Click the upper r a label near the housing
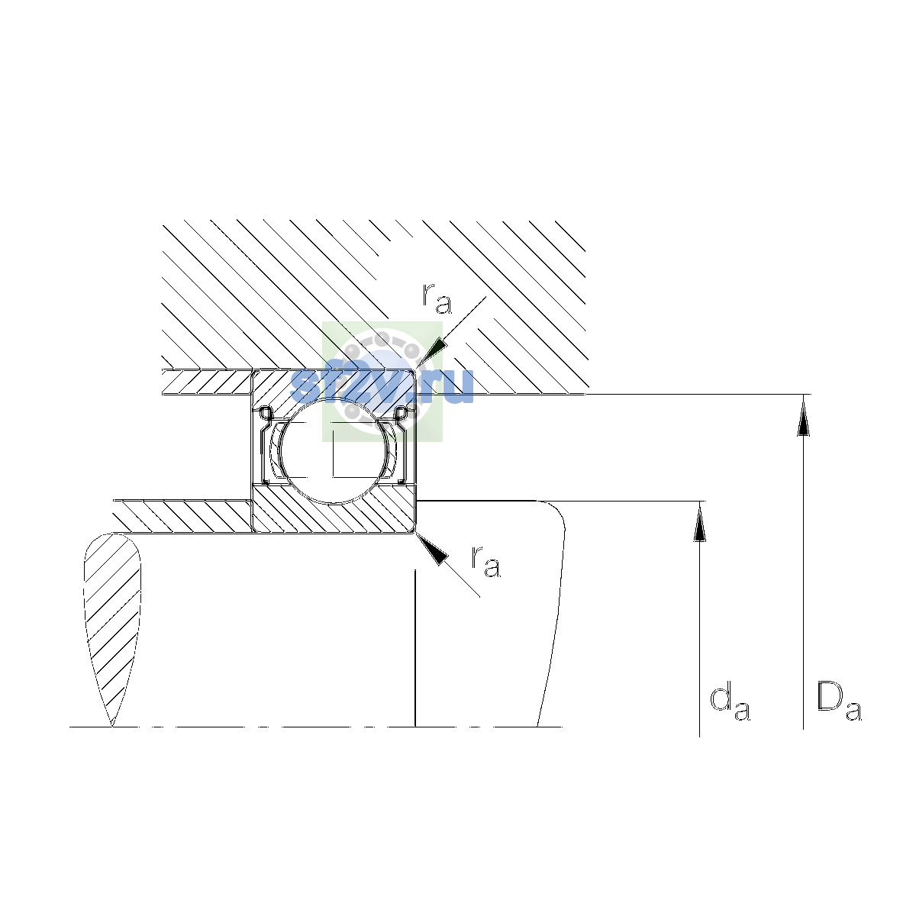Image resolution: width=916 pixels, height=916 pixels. coord(437,298)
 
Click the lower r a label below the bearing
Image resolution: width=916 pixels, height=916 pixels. coord(485,561)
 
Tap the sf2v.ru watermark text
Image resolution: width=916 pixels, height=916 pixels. coord(382,386)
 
